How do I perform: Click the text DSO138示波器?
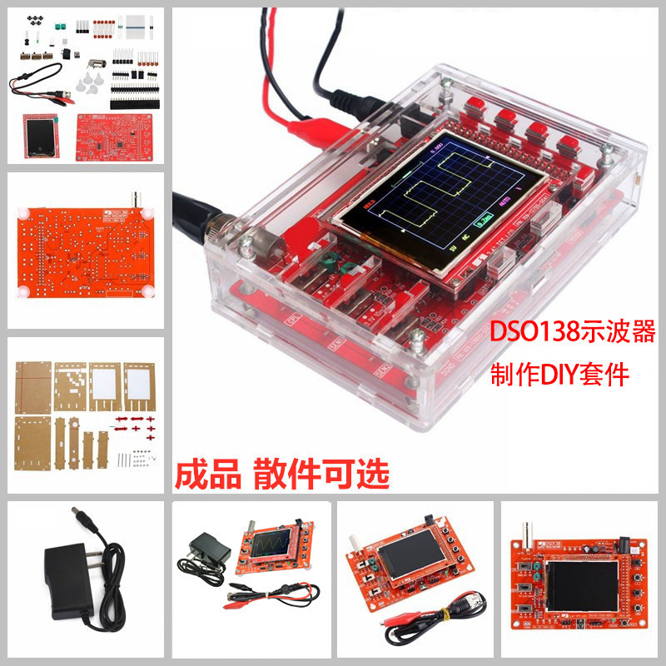coord(574,333)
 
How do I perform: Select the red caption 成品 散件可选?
coord(281,474)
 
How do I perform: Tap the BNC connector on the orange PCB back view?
coord(132,201)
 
